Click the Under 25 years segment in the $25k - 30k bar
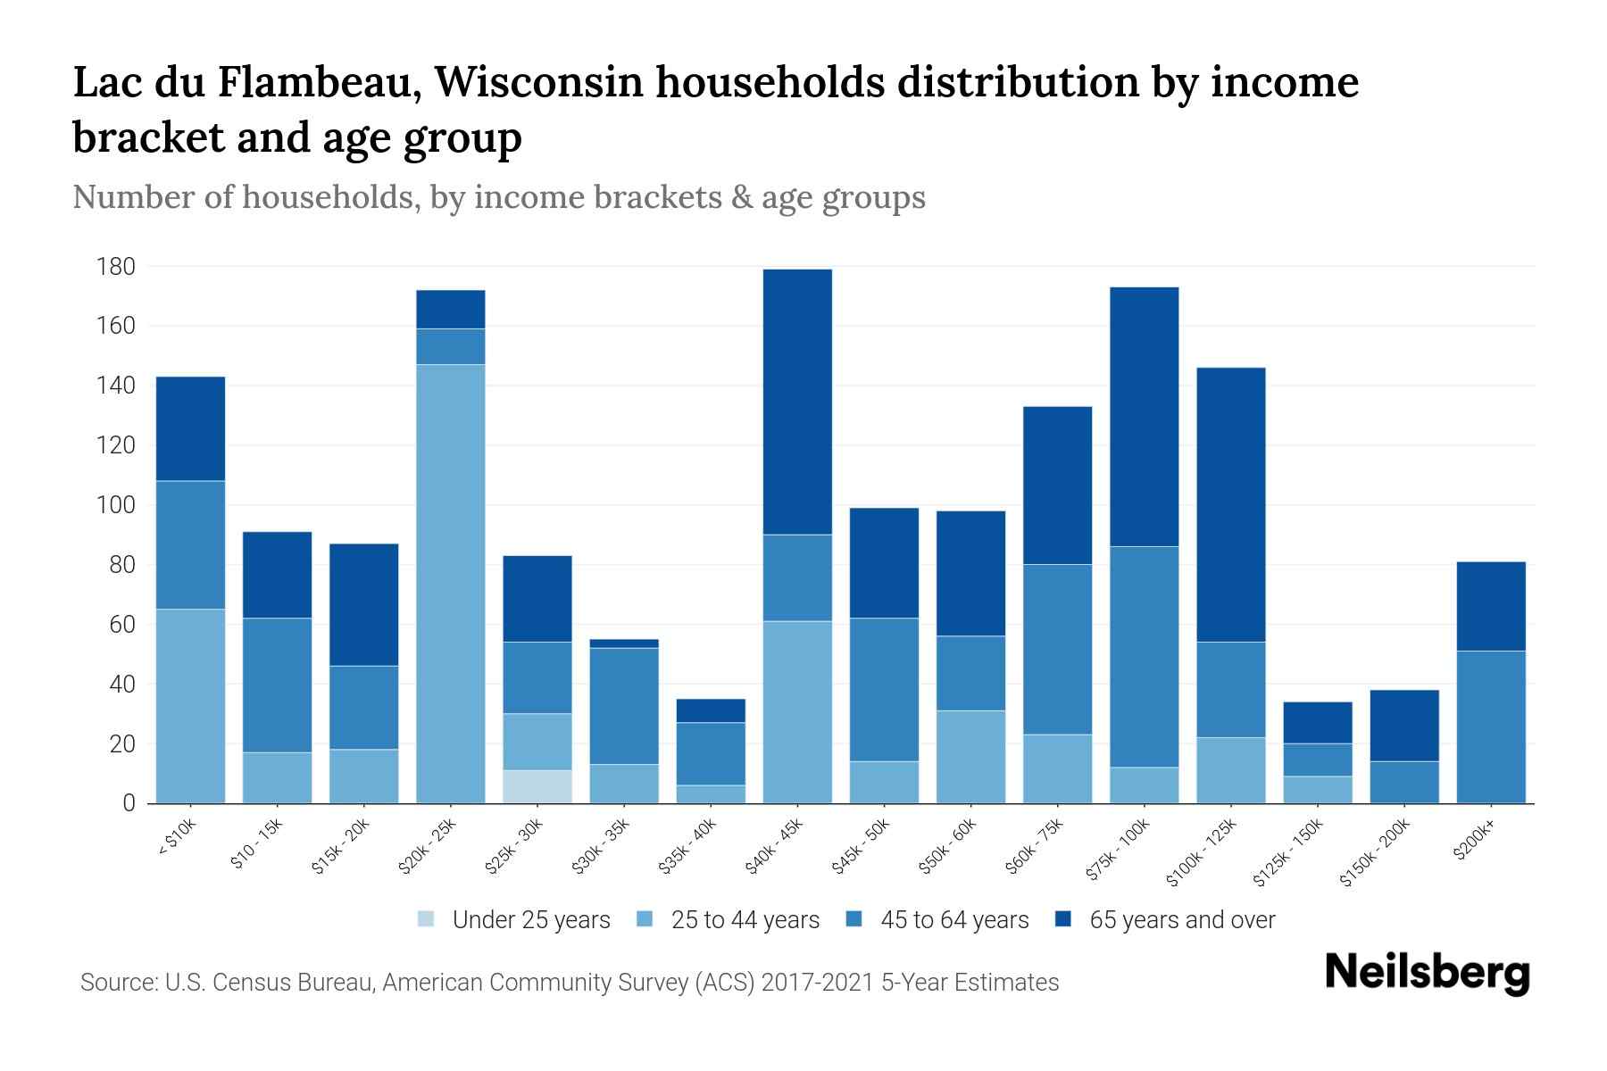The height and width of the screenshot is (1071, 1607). pyautogui.click(x=537, y=786)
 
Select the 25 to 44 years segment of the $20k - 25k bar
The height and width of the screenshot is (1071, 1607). pyautogui.click(x=451, y=583)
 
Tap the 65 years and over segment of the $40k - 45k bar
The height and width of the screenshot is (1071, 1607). pyautogui.click(x=797, y=402)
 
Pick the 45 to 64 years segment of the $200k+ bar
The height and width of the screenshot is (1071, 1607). pyautogui.click(x=1491, y=726)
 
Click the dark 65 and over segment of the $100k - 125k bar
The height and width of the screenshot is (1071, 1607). pyautogui.click(x=1231, y=504)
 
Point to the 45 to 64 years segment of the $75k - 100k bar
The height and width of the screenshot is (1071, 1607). pyautogui.click(x=1145, y=656)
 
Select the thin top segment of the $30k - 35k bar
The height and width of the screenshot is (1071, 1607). pyautogui.click(x=624, y=643)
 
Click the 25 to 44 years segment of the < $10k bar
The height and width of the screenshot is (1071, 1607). pyautogui.click(x=191, y=705)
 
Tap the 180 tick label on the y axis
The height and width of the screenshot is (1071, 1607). pyautogui.click(x=116, y=267)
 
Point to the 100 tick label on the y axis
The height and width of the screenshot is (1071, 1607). pyautogui.click(x=116, y=505)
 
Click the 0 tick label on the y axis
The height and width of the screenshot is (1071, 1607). pyautogui.click(x=129, y=803)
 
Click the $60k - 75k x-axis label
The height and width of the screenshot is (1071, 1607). pyautogui.click(x=1037, y=846)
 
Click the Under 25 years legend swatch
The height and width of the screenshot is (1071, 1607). pyautogui.click(x=427, y=919)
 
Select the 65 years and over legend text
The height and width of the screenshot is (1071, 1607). pyautogui.click(x=1182, y=920)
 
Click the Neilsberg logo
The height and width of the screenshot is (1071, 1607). pyautogui.click(x=1427, y=973)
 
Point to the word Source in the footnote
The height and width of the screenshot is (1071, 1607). pyautogui.click(x=116, y=983)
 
